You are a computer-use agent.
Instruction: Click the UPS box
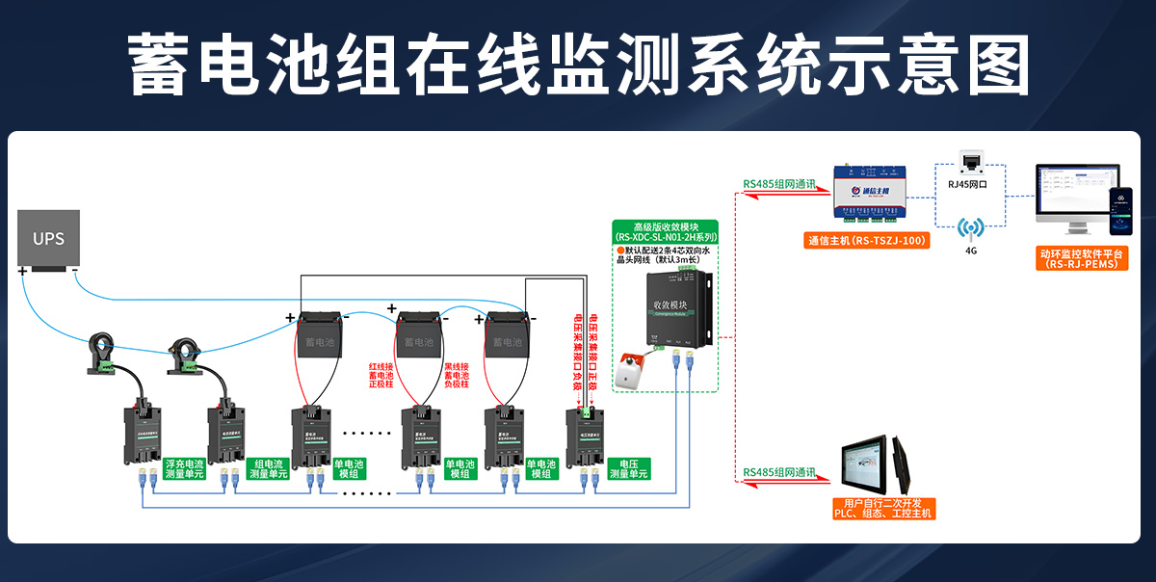click(48, 238)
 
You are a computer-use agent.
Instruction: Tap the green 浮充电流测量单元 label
click(185, 468)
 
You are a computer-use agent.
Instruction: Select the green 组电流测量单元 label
click(269, 468)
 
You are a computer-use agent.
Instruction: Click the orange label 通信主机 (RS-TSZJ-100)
click(867, 241)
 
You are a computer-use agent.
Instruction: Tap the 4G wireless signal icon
click(970, 228)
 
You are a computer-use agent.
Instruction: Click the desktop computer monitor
click(1068, 198)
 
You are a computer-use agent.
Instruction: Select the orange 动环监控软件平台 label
click(1082, 258)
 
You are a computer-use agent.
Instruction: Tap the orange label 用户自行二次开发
click(883, 509)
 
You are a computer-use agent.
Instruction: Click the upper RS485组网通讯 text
click(778, 184)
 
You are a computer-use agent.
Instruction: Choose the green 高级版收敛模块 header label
click(666, 231)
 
